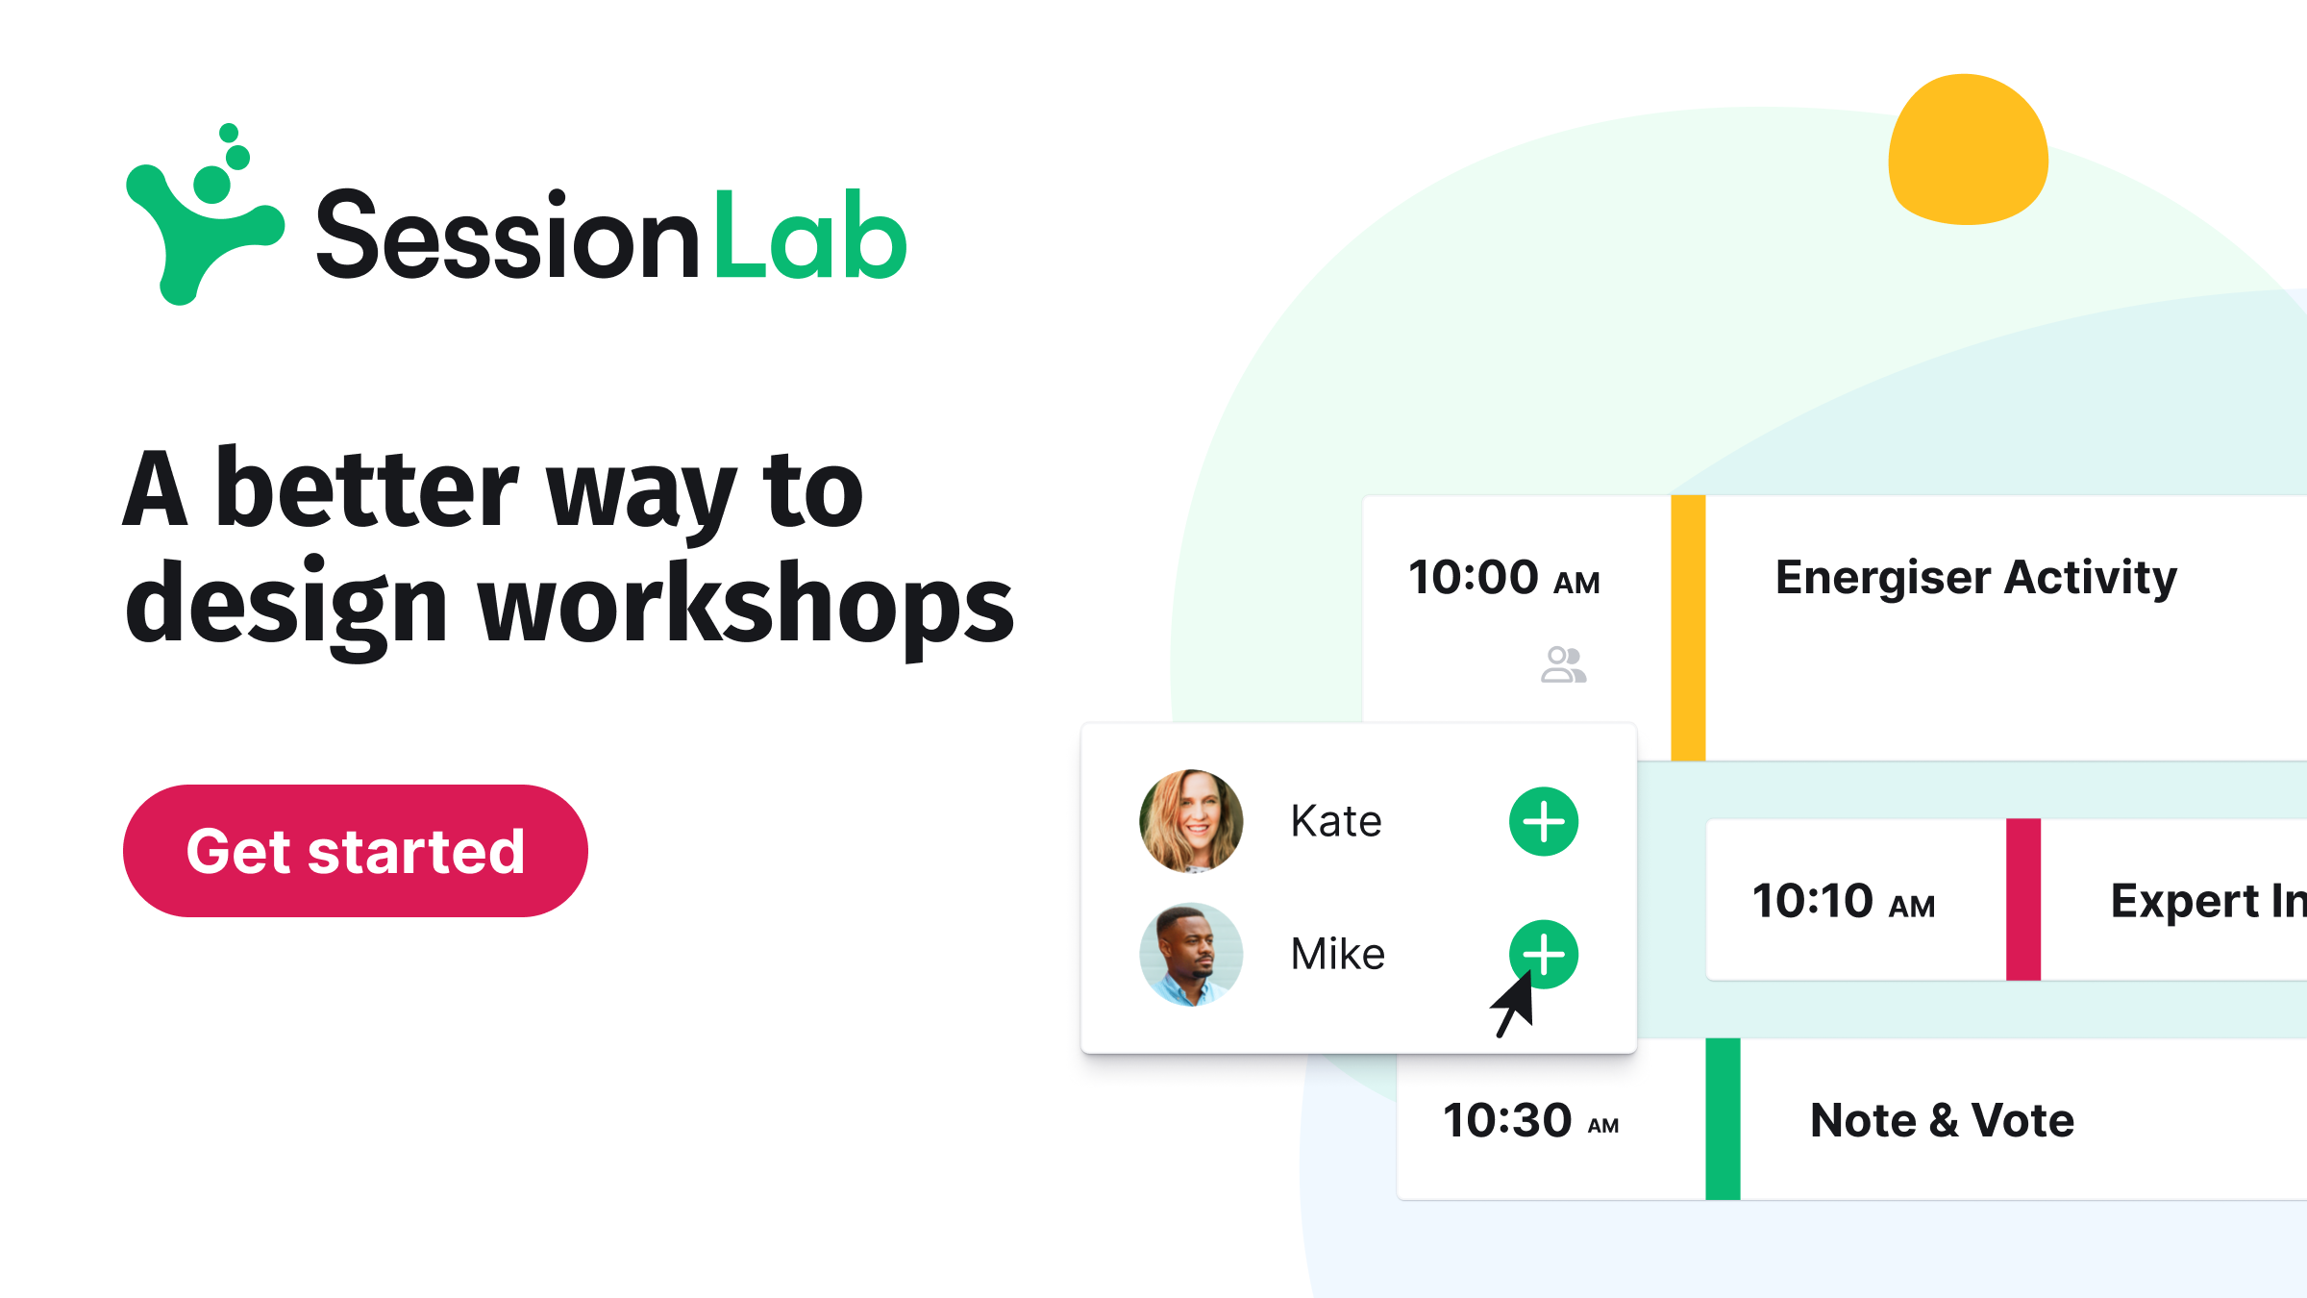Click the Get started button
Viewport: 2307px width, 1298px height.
click(355, 851)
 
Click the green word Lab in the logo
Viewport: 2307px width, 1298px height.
click(809, 236)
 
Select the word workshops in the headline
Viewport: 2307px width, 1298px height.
click(746, 605)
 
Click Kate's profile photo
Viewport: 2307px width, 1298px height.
click(1191, 821)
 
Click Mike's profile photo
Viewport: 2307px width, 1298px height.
click(1191, 955)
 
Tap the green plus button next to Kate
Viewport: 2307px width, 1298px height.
click(1544, 822)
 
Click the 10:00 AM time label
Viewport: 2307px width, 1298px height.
click(1504, 578)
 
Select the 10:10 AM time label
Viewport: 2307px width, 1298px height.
click(1844, 902)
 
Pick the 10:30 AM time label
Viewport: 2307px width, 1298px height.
click(1530, 1121)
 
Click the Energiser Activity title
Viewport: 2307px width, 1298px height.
click(1976, 578)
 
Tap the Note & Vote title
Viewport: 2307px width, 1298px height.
click(1942, 1120)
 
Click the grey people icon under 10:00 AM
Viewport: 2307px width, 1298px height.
click(1563, 664)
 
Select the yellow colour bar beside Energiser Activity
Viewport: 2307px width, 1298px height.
click(1688, 628)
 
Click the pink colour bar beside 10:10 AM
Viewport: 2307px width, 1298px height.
click(2023, 900)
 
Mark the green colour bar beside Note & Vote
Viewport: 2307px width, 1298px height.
click(1723, 1119)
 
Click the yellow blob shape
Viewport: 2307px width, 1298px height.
click(1968, 149)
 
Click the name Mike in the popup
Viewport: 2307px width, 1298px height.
click(1337, 955)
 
